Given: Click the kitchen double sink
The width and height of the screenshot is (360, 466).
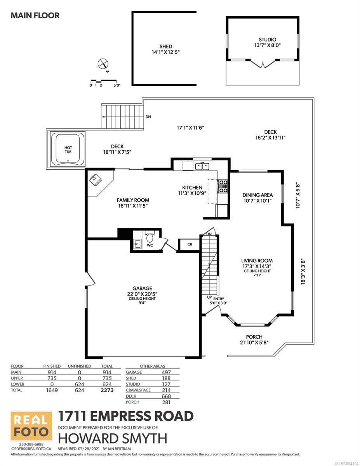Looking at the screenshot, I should [x=202, y=166].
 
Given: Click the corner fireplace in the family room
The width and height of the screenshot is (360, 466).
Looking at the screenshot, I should [x=96, y=180].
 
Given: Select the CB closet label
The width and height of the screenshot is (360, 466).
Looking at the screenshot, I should [x=190, y=245].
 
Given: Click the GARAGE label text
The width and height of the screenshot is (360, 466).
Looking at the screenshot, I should [x=142, y=289].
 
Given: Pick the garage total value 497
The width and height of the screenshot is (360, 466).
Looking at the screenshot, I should [x=166, y=372].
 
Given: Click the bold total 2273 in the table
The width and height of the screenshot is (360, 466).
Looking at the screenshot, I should [x=107, y=390].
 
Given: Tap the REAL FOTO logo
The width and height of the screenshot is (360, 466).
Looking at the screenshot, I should [x=31, y=426].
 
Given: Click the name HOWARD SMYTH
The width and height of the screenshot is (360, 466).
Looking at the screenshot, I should [x=113, y=438].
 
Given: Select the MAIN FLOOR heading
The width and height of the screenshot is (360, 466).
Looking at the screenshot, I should [x=35, y=16].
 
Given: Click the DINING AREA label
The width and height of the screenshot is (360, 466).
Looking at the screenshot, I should [x=258, y=195].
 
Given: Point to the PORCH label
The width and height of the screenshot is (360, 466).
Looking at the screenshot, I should [x=254, y=337].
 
